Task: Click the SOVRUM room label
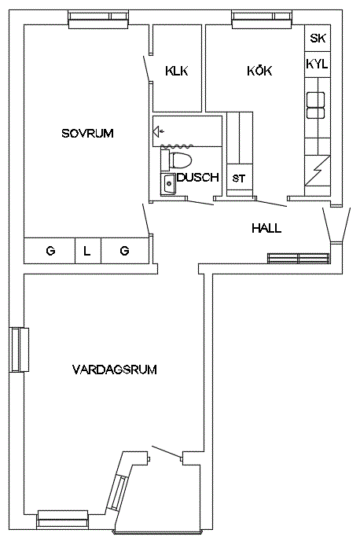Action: (87, 133)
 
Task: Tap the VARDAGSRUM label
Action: (115, 370)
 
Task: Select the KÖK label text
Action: (259, 71)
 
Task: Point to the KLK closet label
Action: (177, 71)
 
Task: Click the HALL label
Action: (266, 228)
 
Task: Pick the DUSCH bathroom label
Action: (198, 177)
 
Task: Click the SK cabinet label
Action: (318, 38)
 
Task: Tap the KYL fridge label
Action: (318, 64)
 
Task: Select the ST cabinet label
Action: (239, 178)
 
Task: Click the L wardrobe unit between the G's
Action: (88, 251)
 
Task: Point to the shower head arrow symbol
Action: (159, 132)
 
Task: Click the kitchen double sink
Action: (316, 105)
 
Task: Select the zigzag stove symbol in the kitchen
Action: (318, 170)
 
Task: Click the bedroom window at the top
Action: (98, 20)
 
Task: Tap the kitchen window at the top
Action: (262, 20)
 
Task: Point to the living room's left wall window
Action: (19, 350)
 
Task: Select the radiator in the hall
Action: (298, 258)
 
